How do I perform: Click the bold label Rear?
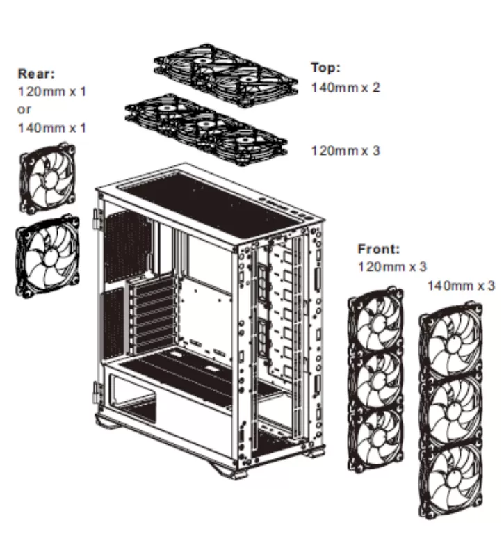[35, 73]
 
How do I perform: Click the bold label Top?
[325, 67]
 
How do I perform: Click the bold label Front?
[379, 248]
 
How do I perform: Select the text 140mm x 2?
[346, 88]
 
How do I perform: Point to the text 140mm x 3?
[461, 285]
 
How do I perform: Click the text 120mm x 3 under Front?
[392, 266]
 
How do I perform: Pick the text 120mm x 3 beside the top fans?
[346, 150]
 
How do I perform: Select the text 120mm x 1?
[52, 91]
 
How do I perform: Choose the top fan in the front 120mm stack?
[375, 323]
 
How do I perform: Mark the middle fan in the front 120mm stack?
[375, 380]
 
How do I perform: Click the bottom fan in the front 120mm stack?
[375, 438]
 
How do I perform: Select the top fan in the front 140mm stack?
[452, 346]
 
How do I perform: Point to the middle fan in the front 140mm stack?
[452, 410]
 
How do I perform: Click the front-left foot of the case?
[234, 473]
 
